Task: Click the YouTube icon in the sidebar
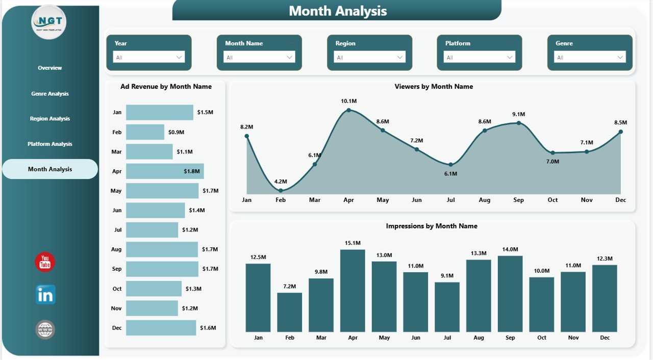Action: click(45, 262)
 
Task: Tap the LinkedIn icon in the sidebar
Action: click(45, 295)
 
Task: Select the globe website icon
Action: click(45, 330)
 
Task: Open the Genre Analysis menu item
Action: click(50, 94)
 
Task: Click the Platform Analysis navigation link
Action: click(50, 144)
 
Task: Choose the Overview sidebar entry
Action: click(50, 68)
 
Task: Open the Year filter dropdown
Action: click(148, 58)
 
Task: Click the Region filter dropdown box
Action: click(369, 58)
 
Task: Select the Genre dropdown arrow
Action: click(620, 58)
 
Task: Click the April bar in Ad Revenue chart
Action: click(165, 171)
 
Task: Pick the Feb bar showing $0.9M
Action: click(145, 132)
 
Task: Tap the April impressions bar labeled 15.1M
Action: click(353, 291)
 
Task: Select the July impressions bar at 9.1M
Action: click(447, 307)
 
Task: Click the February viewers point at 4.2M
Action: click(281, 190)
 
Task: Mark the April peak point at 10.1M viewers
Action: click(349, 110)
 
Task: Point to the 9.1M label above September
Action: click(519, 114)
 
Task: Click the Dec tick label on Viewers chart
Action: click(620, 200)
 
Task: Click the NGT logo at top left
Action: click(49, 22)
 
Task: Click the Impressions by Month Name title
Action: click(432, 226)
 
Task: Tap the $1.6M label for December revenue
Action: click(208, 328)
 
